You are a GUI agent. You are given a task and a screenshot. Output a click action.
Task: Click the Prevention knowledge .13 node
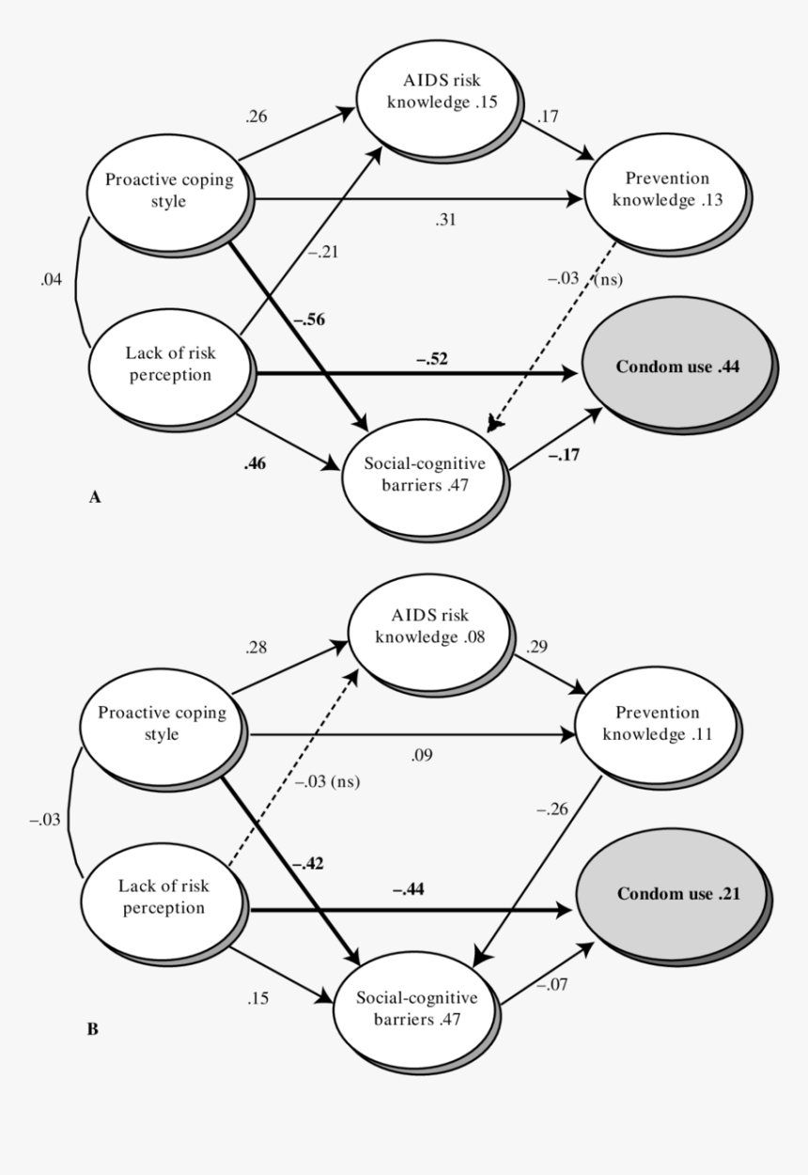[667, 190]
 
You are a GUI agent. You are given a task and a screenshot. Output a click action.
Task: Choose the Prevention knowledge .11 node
[654, 724]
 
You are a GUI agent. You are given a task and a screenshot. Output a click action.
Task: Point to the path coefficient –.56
[309, 320]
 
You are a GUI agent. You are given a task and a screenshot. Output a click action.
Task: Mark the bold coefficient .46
[254, 463]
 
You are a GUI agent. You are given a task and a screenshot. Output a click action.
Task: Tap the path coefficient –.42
[310, 862]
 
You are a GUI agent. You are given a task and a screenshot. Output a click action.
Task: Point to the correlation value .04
[53, 280]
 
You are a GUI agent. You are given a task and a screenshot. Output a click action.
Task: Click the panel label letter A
[94, 498]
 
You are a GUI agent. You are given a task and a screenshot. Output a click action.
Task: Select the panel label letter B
[92, 1029]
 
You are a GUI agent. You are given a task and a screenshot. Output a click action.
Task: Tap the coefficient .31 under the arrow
[445, 219]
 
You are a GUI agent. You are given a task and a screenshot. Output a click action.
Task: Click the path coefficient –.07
[552, 982]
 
